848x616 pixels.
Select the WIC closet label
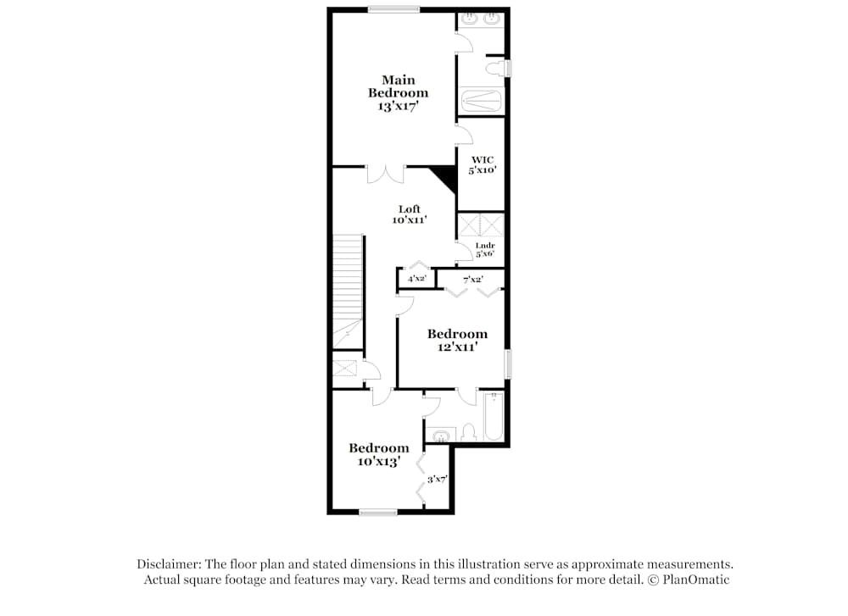[483, 159]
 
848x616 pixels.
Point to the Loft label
[410, 209]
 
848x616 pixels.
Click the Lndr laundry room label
[484, 246]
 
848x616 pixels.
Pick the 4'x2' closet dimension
[416, 278]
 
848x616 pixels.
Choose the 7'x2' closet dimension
[472, 278]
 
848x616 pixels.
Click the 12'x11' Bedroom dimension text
[457, 347]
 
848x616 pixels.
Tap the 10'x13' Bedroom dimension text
[378, 462]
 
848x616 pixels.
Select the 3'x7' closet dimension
[437, 479]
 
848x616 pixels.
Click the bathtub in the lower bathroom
[493, 417]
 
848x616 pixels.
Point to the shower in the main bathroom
[481, 102]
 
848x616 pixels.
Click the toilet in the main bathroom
[494, 68]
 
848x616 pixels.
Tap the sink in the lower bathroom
[439, 436]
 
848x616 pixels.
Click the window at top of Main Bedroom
[393, 9]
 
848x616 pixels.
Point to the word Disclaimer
[168, 564]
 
